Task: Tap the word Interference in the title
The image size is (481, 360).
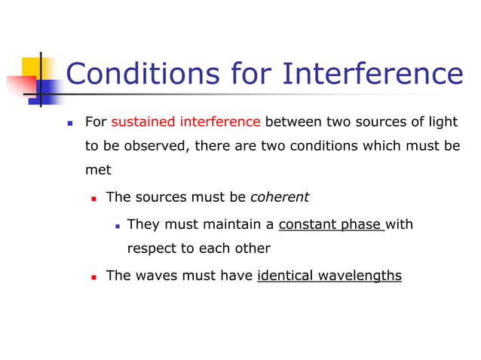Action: [373, 75]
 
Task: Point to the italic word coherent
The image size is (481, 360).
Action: [280, 197]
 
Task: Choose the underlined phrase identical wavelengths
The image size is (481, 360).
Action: [329, 276]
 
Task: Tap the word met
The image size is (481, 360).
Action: [97, 170]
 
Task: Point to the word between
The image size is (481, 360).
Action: [293, 122]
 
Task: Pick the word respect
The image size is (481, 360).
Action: [152, 249]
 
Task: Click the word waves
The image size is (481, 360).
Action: [158, 276]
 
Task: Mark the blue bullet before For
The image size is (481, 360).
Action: [69, 123]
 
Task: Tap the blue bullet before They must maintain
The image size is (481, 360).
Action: [118, 225]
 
